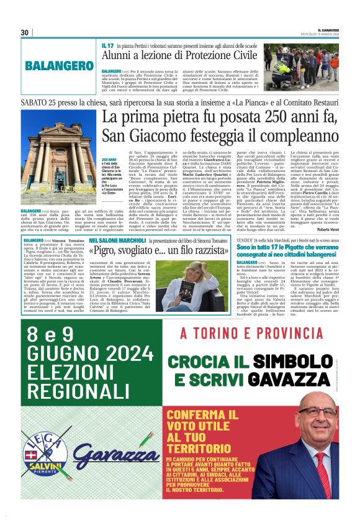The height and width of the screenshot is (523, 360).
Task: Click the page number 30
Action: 25,32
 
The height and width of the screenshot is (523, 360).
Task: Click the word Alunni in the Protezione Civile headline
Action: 119,56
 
